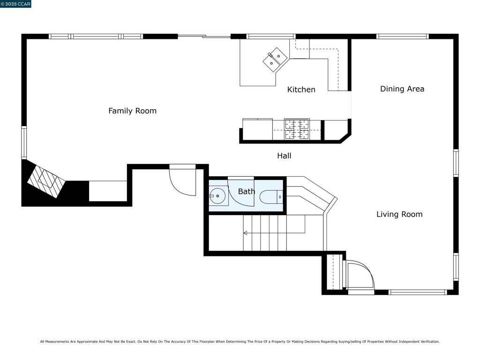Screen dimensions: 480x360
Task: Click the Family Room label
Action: (132, 111)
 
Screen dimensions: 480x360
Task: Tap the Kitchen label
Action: (301, 90)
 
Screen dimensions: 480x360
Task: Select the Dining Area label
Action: (402, 89)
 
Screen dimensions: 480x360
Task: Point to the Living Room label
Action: (399, 214)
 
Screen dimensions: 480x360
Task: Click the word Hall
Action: (284, 156)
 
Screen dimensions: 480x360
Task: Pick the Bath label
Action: (247, 192)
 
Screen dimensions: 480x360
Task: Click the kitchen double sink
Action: (275, 60)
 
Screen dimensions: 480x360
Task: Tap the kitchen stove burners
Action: (297, 129)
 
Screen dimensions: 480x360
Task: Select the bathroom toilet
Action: (271, 197)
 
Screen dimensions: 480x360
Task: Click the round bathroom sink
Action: (217, 195)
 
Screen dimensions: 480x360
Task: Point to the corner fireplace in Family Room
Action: (46, 181)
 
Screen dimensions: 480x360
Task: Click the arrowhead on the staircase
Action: (245, 233)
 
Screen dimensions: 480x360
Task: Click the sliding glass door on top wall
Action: (204, 36)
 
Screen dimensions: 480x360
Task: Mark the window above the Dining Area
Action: (403, 37)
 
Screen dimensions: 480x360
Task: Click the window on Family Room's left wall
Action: (24, 142)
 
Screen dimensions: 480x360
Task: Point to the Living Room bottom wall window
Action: (418, 292)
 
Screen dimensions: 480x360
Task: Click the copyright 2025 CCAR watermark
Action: (15, 4)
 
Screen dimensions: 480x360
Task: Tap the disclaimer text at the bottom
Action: (240, 342)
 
